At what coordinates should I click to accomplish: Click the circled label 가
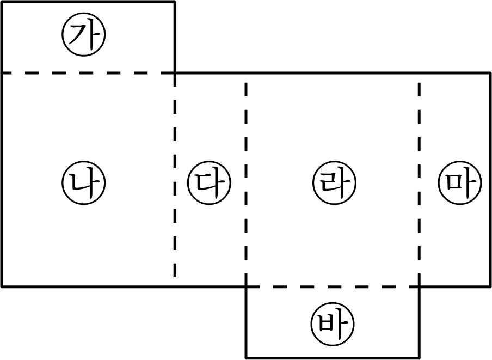[84, 34]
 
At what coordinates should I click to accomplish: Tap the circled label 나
[84, 182]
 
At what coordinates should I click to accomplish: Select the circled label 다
[210, 182]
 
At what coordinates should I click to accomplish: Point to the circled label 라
[335, 182]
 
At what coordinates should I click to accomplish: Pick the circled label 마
[460, 182]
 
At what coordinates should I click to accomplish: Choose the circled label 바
[333, 324]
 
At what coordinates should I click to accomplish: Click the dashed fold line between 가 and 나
[88, 73]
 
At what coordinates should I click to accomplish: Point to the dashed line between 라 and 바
[333, 286]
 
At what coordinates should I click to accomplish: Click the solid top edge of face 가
[88, 2]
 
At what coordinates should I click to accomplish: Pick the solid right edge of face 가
[175, 38]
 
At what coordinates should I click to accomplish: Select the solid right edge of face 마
[490, 180]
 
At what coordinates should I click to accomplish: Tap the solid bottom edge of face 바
[333, 357]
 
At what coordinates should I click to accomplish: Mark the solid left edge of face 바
[247, 322]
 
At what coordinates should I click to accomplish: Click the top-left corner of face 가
[2, 2]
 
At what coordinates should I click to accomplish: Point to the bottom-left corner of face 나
[2, 286]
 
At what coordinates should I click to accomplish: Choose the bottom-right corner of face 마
[490, 286]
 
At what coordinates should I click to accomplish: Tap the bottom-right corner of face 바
[419, 357]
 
